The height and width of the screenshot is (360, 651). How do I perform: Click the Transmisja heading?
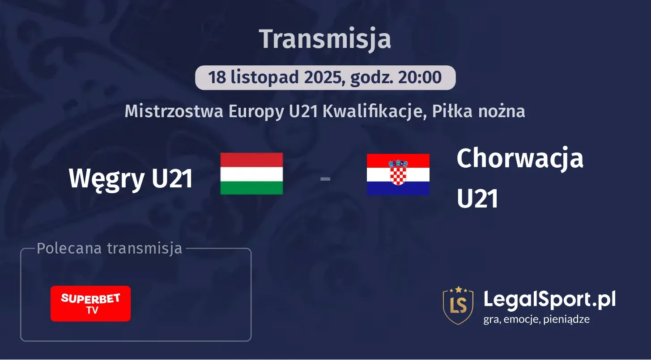point(325,39)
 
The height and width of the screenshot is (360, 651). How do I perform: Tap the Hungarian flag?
point(251,174)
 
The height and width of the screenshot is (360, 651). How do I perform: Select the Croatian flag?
point(398,174)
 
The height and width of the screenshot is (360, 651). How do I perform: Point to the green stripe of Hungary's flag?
point(251,188)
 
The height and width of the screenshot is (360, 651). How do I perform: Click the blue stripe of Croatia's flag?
point(398,189)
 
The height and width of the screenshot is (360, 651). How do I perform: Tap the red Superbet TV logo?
point(90,304)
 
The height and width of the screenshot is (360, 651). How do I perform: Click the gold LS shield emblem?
point(458,305)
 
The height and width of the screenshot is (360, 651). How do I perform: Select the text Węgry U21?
point(131,178)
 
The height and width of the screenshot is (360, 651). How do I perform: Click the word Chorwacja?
point(520,159)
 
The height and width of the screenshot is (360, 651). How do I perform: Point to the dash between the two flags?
point(325,179)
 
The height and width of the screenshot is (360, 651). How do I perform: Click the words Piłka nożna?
point(478,111)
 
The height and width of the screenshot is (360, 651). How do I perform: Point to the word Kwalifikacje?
point(373,111)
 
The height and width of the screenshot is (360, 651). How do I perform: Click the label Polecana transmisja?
point(110,248)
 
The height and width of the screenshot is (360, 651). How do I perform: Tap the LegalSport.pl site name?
point(549,299)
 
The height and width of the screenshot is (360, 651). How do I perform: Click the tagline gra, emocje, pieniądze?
point(536,319)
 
